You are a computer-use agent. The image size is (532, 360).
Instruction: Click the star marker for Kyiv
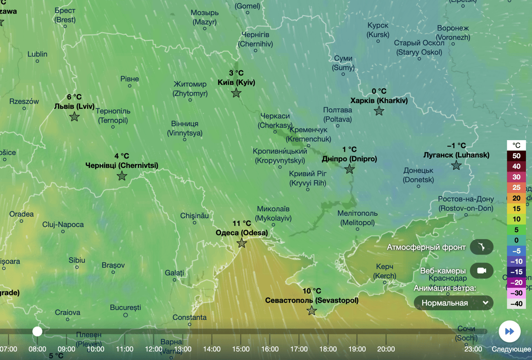click(x=236, y=93)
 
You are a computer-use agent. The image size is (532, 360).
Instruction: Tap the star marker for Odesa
click(x=242, y=243)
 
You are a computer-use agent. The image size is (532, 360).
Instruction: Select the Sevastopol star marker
click(x=312, y=310)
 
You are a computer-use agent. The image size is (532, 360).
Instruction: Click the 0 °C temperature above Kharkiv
click(x=379, y=91)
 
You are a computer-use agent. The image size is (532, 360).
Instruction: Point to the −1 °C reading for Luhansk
click(x=456, y=145)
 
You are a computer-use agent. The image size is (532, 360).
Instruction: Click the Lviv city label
click(x=74, y=106)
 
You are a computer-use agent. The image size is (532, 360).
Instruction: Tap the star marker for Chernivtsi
click(x=122, y=176)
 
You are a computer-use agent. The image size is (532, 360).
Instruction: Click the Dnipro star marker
click(x=350, y=169)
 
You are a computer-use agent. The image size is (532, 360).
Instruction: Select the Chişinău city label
click(x=194, y=216)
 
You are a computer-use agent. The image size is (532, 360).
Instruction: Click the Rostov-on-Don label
click(x=466, y=204)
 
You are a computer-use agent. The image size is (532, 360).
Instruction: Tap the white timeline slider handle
click(x=37, y=331)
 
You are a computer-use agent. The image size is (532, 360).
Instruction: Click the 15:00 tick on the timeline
click(x=241, y=349)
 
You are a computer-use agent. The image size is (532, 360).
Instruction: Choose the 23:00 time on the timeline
click(x=473, y=349)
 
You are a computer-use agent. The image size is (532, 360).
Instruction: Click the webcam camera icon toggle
click(x=481, y=270)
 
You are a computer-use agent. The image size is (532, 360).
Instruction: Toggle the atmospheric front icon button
click(x=481, y=247)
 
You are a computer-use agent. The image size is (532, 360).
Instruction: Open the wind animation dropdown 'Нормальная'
click(x=453, y=303)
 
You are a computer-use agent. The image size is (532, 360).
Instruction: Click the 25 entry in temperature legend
click(x=516, y=187)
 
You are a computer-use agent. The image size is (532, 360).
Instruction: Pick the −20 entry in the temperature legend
click(x=516, y=282)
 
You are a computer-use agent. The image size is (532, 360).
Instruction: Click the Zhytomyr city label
click(x=190, y=89)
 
